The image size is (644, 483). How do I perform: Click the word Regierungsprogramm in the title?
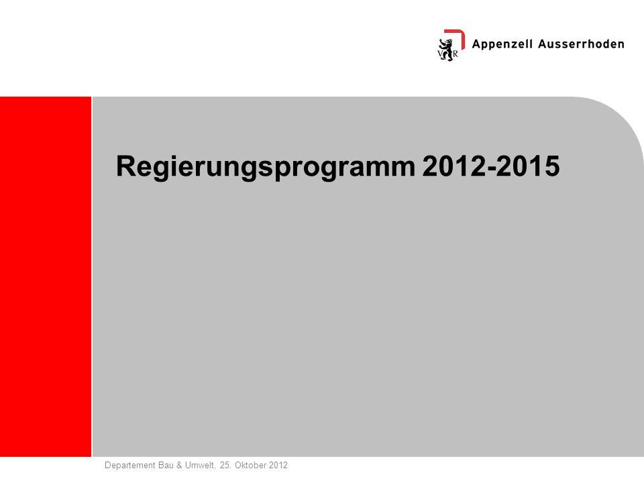click(x=266, y=167)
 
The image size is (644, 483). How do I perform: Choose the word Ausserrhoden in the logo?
click(x=581, y=44)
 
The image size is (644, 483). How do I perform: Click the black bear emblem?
click(x=447, y=50)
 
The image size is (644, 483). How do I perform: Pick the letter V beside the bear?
click(x=441, y=54)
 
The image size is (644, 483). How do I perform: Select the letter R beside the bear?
click(x=455, y=54)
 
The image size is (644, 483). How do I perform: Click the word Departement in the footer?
click(x=129, y=466)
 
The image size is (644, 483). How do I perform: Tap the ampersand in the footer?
click(x=179, y=466)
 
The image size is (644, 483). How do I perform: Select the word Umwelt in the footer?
click(x=200, y=466)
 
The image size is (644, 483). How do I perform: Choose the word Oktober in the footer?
click(x=250, y=466)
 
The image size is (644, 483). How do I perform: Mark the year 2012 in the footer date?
click(x=278, y=466)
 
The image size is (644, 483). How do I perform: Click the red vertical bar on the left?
click(x=46, y=276)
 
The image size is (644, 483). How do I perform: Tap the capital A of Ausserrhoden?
click(x=543, y=44)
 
